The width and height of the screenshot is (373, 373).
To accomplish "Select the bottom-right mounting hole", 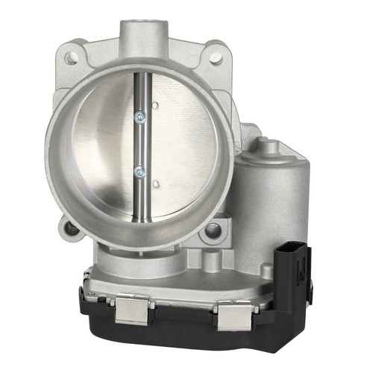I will [215, 229].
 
